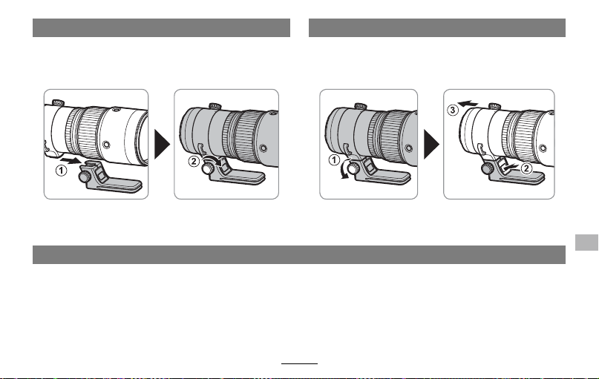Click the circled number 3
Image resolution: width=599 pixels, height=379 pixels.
pos(452,111)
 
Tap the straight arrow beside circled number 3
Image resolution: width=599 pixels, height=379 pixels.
pos(468,103)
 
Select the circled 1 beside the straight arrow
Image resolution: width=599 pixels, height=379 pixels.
pos(61,171)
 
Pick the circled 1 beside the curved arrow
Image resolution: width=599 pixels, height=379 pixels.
pos(334,159)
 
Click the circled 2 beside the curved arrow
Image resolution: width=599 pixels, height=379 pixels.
pos(194,161)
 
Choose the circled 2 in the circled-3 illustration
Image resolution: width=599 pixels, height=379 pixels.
pos(526,168)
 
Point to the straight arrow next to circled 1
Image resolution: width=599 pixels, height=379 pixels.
pos(71,159)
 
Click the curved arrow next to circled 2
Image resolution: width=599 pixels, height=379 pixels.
pos(212,159)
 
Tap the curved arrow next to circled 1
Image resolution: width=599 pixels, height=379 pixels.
pos(345,170)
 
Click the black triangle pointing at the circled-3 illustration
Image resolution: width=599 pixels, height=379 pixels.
pos(432,145)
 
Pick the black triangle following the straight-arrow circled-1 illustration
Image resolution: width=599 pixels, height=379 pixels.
pos(162,145)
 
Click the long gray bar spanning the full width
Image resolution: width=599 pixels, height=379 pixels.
pos(298,254)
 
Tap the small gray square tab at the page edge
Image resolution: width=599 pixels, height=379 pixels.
pos(586,243)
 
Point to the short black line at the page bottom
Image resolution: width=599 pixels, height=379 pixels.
pos(300,363)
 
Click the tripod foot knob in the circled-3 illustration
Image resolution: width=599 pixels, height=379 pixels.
pos(488,168)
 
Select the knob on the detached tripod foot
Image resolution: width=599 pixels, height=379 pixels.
pos(85,177)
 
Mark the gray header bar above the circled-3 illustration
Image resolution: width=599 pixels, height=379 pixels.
pos(437,28)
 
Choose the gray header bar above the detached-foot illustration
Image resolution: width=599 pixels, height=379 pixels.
pos(161,28)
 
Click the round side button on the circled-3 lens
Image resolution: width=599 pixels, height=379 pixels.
pos(543,148)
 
